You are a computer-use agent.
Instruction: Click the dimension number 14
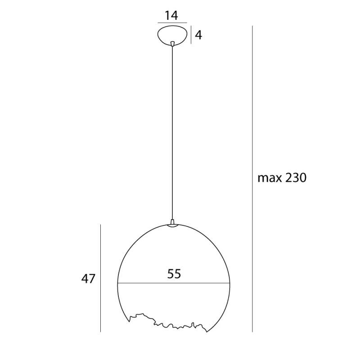171,15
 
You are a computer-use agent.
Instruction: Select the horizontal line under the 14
172,23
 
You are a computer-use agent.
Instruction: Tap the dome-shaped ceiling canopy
172,35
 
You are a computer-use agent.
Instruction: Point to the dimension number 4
198,35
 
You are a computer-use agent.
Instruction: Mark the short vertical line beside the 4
191,35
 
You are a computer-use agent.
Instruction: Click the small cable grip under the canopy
172,44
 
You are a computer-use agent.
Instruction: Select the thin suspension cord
172,135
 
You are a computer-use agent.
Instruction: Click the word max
269,178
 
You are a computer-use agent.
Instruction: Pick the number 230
295,178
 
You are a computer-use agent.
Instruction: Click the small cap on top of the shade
173,223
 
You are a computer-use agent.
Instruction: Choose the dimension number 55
174,274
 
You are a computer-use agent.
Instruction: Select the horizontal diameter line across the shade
174,283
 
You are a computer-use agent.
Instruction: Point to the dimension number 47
89,279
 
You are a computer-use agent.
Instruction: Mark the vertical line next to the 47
100,279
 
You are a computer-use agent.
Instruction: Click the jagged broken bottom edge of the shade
166,322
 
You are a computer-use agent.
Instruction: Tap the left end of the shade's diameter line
117,283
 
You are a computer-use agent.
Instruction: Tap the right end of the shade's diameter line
229,283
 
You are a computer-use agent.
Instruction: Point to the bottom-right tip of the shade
207,332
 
